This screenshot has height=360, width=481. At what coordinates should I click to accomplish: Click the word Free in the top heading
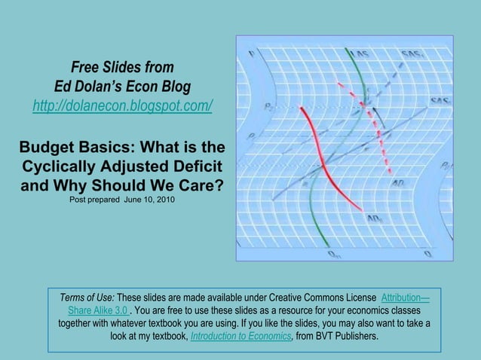86,66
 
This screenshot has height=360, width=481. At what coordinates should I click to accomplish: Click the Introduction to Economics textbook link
241,337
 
